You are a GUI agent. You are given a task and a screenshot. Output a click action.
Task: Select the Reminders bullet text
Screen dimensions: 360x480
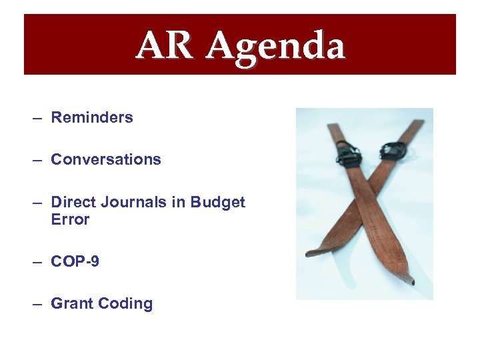click(92, 117)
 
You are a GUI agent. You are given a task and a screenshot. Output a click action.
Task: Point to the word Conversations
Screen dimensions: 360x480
click(106, 159)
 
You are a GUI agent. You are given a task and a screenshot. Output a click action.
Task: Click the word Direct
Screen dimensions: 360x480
click(73, 202)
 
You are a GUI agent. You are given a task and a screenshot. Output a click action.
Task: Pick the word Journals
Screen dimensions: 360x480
click(131, 202)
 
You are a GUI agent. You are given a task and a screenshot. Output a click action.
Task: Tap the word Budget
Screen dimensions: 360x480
click(217, 202)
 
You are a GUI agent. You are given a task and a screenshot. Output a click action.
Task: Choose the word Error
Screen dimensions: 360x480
click(70, 219)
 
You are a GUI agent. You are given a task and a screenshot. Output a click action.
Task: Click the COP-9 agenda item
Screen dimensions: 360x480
click(75, 261)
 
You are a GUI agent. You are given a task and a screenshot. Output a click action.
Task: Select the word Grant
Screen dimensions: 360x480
click(72, 303)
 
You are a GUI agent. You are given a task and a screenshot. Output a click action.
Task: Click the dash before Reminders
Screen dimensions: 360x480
click(37, 118)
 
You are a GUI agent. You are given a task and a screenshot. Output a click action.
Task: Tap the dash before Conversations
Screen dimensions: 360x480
click(37, 160)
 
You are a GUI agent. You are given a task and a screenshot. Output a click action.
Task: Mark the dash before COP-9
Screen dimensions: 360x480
click(37, 262)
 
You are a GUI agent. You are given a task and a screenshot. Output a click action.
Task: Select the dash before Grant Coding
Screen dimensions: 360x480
click(37, 304)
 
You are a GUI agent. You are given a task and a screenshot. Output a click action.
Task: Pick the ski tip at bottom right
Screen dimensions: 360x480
click(412, 281)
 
